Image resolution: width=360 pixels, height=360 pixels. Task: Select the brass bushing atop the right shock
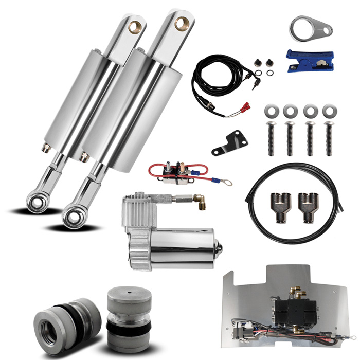point(182,23)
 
